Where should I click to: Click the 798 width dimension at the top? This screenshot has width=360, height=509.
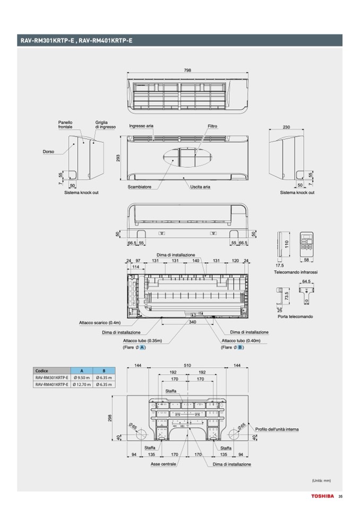click(187, 71)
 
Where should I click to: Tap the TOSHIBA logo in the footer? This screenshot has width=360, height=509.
click(323, 496)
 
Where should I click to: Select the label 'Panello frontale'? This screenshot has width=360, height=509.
click(65, 125)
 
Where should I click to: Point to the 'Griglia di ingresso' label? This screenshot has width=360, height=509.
click(105, 125)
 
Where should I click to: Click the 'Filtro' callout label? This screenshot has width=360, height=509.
click(212, 126)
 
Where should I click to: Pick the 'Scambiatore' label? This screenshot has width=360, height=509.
click(140, 187)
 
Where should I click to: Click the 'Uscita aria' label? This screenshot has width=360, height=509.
click(200, 187)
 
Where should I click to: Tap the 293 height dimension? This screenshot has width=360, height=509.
click(118, 158)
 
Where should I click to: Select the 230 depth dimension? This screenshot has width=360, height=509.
click(286, 127)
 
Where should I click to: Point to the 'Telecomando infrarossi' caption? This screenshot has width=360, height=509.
click(296, 272)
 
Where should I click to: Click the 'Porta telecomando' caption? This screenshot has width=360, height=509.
click(295, 316)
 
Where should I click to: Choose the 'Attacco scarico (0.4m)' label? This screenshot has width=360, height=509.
click(100, 322)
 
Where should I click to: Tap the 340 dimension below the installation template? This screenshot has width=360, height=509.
click(192, 322)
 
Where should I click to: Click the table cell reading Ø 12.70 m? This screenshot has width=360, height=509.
click(82, 384)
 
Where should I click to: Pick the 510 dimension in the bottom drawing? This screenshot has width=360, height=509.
click(187, 366)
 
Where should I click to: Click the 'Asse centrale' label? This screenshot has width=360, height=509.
click(164, 464)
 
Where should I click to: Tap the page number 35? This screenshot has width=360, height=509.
click(340, 496)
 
